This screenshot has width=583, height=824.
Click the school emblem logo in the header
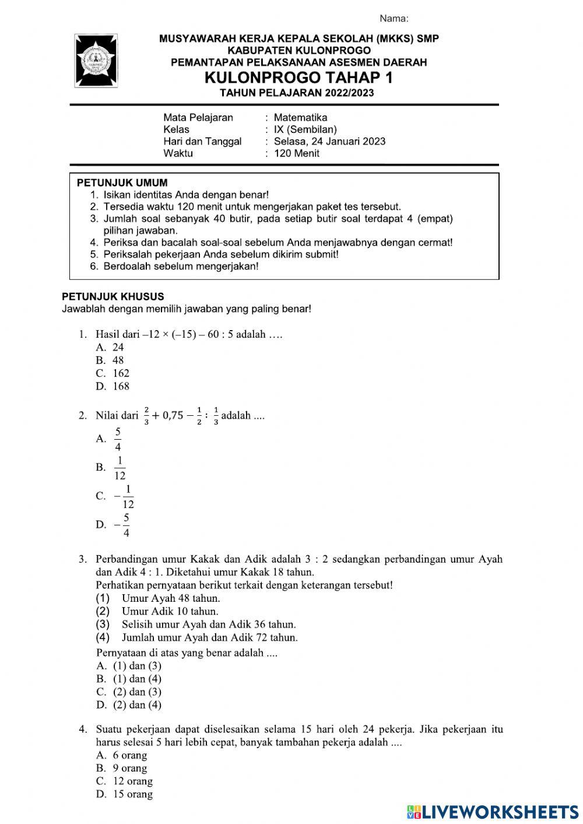point(96,61)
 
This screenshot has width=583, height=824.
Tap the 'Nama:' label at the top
point(394,19)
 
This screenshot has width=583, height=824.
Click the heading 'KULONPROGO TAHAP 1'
point(298,78)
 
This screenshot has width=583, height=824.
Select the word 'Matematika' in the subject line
point(300,117)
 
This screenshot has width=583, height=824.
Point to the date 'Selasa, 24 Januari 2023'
point(329,141)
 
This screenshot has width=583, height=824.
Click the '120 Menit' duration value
point(297,153)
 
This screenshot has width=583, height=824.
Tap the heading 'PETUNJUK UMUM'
point(122,183)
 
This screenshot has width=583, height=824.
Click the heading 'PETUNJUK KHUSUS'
point(113,296)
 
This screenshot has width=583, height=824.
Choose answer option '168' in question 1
point(121,386)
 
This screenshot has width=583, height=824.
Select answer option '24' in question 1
point(118,347)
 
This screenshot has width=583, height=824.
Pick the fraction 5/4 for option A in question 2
point(118,439)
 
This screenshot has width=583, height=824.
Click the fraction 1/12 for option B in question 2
point(120,468)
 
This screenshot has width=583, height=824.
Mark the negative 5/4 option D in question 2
point(122,525)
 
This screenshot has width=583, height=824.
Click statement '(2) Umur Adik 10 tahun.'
point(170,611)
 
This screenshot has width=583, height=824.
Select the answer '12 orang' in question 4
point(132,781)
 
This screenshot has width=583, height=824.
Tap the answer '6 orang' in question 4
point(129,755)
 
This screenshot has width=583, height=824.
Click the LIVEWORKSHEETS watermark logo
point(493,812)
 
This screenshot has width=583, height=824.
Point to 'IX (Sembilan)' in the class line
point(305,129)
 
